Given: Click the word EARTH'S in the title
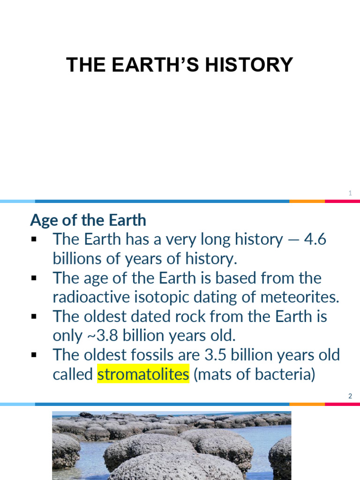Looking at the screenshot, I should point(156,65).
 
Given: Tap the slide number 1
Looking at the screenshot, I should point(350,193).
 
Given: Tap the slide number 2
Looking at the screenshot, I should point(350,397).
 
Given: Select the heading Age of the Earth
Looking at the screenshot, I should point(88,220).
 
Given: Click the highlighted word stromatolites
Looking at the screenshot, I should point(143,375).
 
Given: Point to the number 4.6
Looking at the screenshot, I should point(315,239).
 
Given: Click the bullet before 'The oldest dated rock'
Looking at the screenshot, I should point(34,317).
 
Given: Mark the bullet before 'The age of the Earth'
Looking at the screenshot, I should point(34,278).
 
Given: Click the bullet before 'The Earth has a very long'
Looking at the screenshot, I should point(34,240).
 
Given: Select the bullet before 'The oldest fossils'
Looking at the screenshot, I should point(34,355).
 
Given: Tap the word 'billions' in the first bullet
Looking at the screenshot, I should point(77,258).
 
